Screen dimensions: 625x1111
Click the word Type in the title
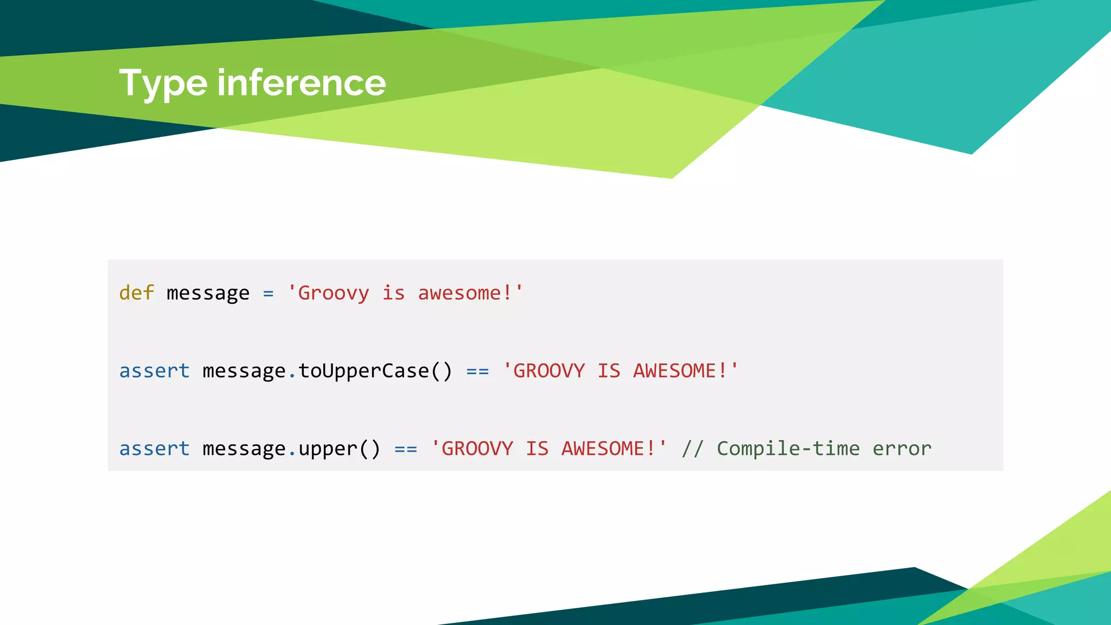coord(163,84)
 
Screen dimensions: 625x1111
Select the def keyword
coord(137,293)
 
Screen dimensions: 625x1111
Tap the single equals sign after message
coord(268,294)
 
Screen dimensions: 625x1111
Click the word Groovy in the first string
coord(333,293)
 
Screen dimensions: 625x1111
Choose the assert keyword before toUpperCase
coord(155,371)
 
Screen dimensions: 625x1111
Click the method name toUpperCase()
coord(375,371)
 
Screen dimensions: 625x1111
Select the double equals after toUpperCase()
coord(477,372)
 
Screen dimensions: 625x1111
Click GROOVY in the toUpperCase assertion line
coord(549,371)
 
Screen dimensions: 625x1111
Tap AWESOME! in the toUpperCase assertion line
coord(680,371)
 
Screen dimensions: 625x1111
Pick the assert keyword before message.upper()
coord(155,449)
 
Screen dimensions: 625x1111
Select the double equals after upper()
coord(406,449)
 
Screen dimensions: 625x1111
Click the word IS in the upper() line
coord(537,449)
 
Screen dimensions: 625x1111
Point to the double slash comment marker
coord(693,449)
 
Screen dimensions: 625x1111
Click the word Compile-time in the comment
coord(788,449)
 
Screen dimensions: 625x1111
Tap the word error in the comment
coord(902,449)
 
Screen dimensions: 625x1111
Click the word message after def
coord(208,294)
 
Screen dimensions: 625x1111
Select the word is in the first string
coord(393,293)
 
